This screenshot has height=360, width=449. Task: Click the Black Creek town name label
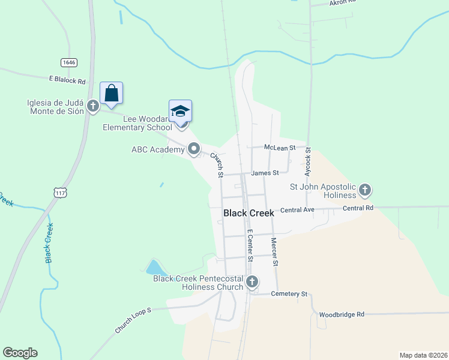point(249,213)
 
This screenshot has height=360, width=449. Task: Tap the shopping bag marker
point(111,93)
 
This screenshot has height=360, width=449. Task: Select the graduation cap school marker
point(180,111)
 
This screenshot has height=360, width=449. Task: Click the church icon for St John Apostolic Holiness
point(364,191)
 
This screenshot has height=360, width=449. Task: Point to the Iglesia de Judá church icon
point(92,106)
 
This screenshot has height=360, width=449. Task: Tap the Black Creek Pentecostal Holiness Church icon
point(252,281)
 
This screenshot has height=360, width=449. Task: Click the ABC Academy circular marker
point(194,148)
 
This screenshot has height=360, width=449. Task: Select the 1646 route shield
point(68,62)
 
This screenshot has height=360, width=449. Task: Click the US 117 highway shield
point(59,192)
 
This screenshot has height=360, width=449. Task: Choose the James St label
point(265,173)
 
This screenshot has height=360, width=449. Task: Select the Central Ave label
point(297,210)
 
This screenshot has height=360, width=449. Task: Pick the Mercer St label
point(274,251)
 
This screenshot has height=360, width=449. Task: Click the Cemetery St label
point(289,294)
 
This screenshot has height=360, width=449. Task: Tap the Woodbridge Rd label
point(342,314)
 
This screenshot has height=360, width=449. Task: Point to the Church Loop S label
point(134,321)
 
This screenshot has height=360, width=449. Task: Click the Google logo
point(20,353)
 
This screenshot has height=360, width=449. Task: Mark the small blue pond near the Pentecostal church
point(154,267)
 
